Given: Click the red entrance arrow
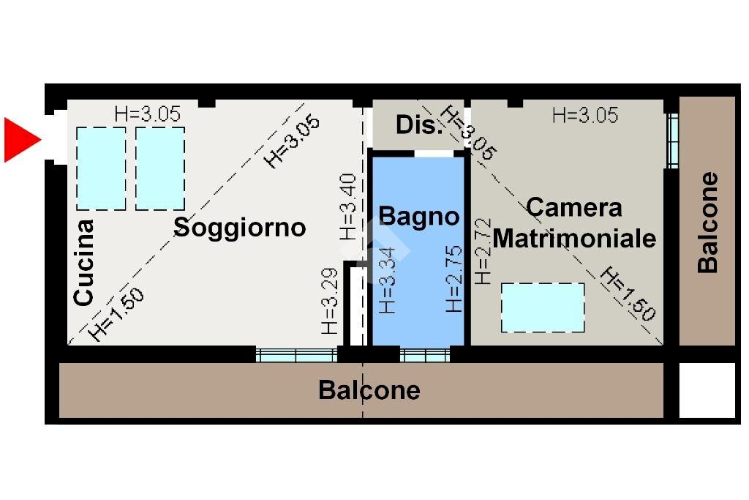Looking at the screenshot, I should [21, 139].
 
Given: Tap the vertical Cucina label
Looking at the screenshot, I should [84, 262].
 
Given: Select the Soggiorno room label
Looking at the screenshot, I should [239, 228].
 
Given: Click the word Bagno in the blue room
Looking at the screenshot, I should [418, 217].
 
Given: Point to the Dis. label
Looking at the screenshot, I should [419, 125].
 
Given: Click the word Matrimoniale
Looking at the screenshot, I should [574, 239].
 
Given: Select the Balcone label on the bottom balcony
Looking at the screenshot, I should [369, 390].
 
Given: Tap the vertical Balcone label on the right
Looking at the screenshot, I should [707, 223].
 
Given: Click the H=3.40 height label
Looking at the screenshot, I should [348, 206].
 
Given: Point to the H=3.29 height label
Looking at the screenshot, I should [330, 302].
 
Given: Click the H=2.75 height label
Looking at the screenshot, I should [454, 280].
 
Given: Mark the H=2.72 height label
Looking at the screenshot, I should [482, 252].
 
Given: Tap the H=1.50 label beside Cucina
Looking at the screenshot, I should [117, 315].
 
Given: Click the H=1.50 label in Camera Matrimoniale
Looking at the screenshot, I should [628, 294].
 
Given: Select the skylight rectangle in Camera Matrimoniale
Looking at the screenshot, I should [543, 307].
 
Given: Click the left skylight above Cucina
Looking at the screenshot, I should [101, 168].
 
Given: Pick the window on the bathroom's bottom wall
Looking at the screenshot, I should [425, 356].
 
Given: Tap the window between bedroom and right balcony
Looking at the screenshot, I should [672, 140].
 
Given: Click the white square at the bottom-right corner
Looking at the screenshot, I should [707, 391].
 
